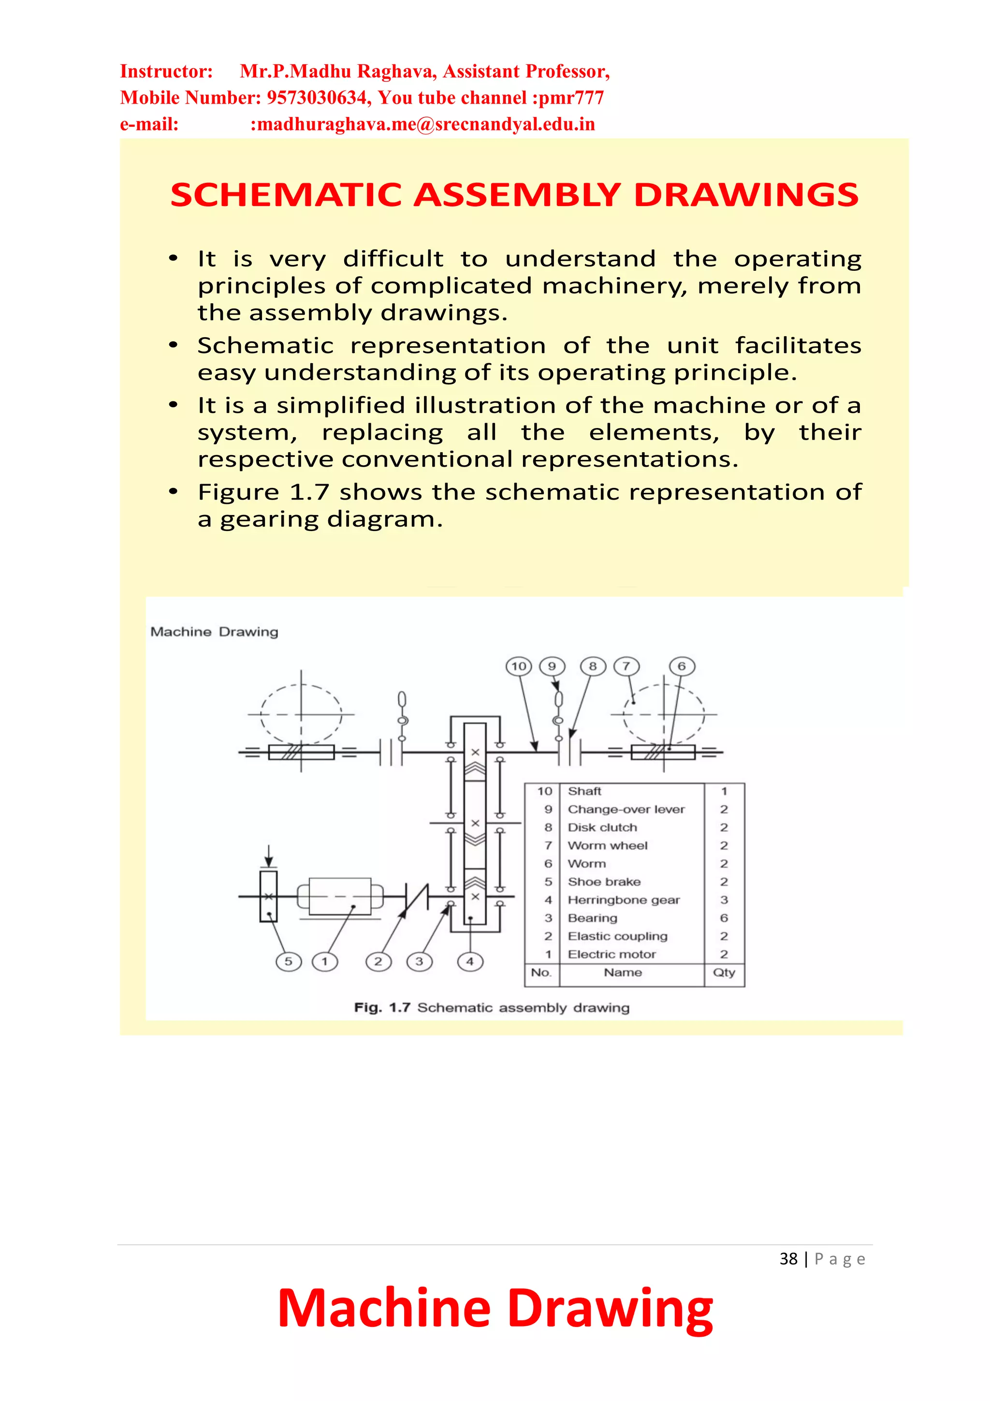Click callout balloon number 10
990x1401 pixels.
coord(519,666)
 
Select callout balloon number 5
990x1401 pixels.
coord(289,962)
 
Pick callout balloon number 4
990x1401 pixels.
coord(470,962)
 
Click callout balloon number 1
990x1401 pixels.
coord(324,962)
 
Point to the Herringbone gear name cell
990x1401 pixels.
coord(624,900)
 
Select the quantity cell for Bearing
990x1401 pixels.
coord(724,918)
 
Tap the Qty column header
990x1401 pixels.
coord(724,972)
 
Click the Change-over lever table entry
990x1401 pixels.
coord(626,809)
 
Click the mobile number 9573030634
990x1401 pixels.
coord(318,98)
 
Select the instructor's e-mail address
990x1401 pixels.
coord(422,124)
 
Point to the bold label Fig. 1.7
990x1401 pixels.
coord(382,1007)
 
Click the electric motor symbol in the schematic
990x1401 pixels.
coord(340,897)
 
